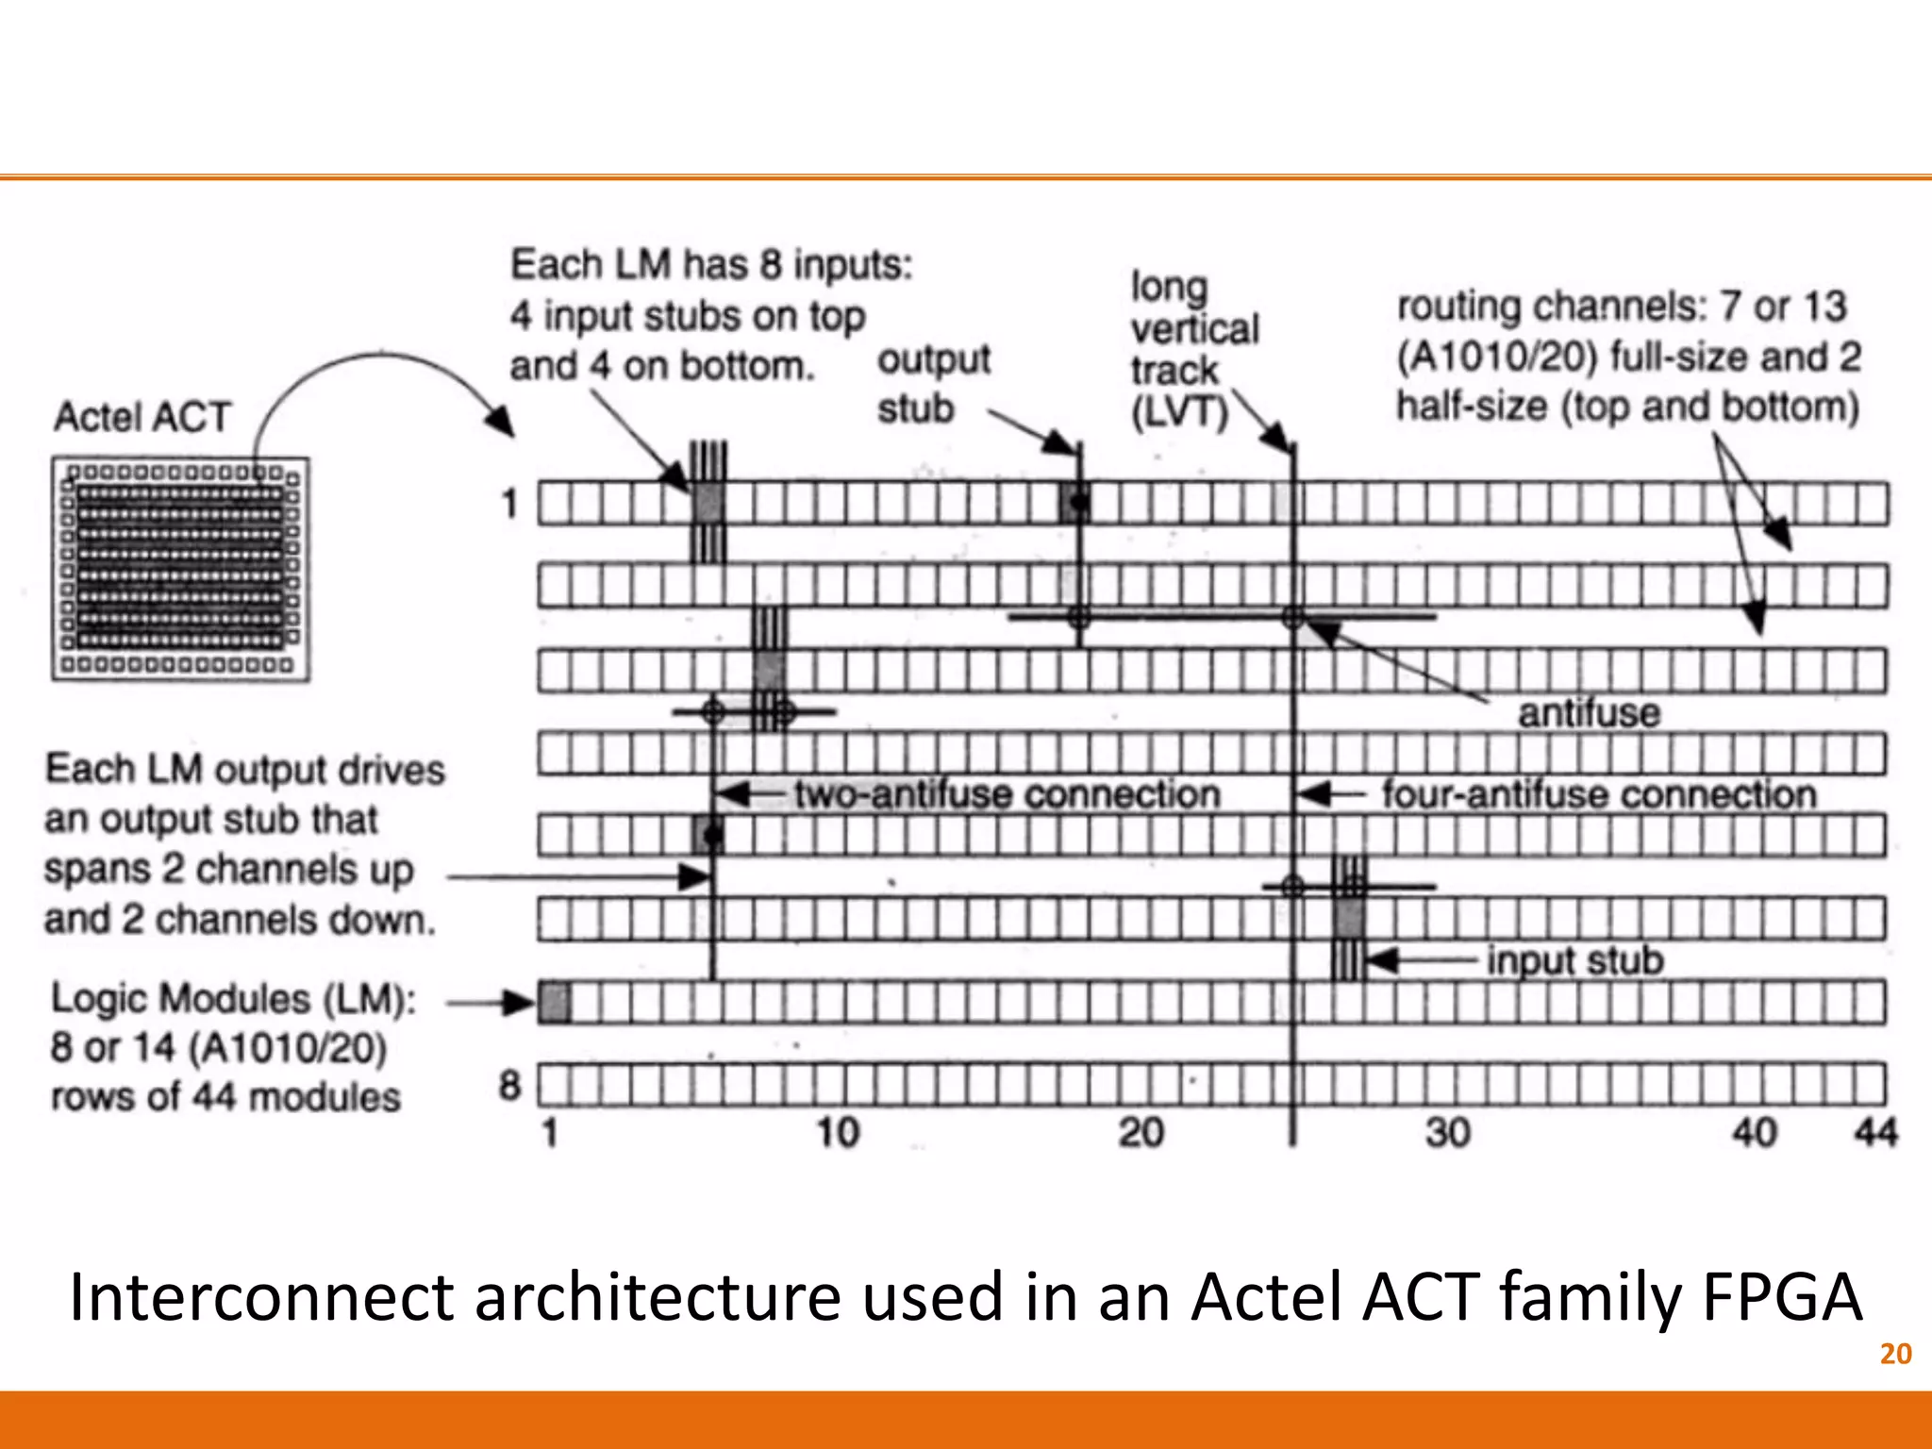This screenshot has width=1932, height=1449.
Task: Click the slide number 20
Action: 1895,1354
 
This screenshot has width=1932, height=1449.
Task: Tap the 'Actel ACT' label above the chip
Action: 142,417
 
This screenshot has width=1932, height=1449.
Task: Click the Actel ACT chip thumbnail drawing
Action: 180,568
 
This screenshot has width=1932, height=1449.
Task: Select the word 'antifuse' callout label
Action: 1589,713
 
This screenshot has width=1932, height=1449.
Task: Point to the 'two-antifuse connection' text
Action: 1007,794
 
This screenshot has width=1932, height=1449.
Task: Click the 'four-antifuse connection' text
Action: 1599,794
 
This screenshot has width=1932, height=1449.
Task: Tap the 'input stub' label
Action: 1574,960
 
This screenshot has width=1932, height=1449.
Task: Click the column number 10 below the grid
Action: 838,1132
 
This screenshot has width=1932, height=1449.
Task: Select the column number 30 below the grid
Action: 1447,1132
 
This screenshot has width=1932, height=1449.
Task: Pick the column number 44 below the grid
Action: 1875,1132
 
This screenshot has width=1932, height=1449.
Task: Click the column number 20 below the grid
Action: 1141,1132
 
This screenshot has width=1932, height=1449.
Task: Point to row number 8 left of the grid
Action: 509,1086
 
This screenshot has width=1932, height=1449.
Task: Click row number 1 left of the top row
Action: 509,504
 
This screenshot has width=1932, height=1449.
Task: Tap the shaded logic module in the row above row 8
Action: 555,1002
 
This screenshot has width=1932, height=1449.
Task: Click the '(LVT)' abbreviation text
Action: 1179,413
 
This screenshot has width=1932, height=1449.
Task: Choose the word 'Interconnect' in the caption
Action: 261,1297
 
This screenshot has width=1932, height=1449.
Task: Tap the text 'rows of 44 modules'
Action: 225,1097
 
